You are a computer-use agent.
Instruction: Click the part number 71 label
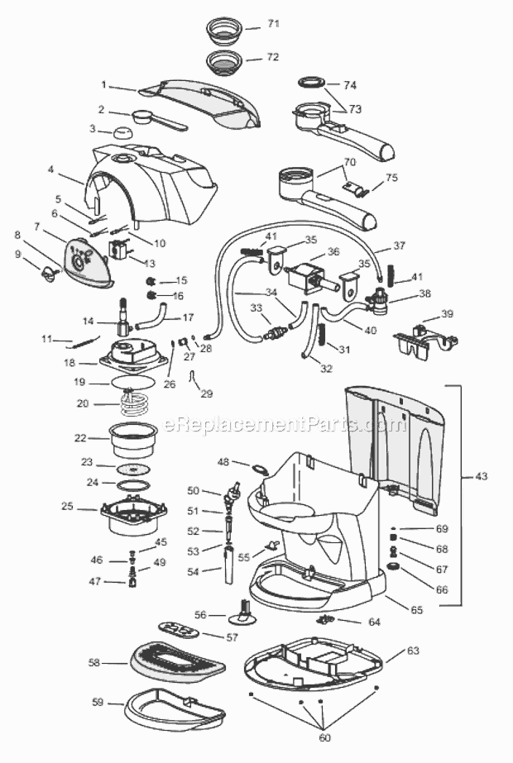click(x=273, y=23)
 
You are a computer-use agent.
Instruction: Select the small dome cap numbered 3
click(x=124, y=132)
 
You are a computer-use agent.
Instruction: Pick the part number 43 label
click(x=481, y=476)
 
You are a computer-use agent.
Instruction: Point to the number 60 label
click(x=324, y=737)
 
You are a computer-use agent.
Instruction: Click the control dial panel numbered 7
click(x=89, y=263)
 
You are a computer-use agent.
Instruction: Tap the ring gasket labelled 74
click(x=312, y=82)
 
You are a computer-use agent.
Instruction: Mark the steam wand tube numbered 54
click(x=228, y=565)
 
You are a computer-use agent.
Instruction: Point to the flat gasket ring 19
click(x=133, y=382)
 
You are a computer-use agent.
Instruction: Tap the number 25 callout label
click(x=67, y=506)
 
